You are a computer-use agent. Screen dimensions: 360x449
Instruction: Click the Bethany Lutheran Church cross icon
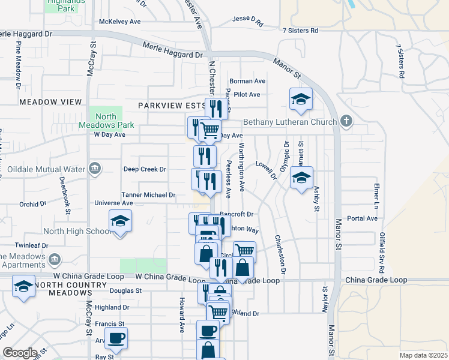click(x=346, y=122)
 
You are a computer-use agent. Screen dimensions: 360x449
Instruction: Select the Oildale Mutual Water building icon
click(x=94, y=169)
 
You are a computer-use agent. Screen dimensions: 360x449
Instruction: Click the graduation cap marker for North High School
click(x=120, y=223)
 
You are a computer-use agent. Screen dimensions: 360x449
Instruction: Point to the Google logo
click(x=20, y=353)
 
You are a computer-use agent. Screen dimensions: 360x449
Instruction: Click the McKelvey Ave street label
click(x=119, y=22)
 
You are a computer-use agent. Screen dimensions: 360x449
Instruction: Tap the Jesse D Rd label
click(x=248, y=22)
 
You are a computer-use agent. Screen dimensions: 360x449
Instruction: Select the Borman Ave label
click(x=247, y=81)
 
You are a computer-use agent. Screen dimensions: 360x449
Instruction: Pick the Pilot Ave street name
click(x=247, y=94)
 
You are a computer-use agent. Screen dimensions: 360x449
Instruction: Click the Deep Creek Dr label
click(x=144, y=169)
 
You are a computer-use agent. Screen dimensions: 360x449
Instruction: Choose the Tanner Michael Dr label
click(x=148, y=195)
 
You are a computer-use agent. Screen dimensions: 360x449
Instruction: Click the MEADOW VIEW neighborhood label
click(x=50, y=102)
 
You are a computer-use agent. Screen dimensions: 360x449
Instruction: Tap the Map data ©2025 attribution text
click(x=423, y=355)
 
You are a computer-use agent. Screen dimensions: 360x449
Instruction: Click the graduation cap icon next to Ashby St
click(x=301, y=178)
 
